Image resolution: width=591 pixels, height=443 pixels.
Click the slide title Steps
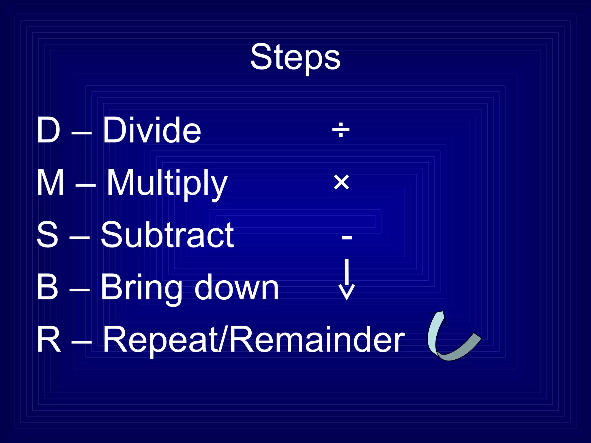(x=295, y=57)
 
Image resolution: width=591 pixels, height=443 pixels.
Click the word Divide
(x=152, y=130)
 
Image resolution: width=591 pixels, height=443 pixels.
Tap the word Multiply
(x=167, y=183)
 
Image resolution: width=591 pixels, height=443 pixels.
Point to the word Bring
(x=141, y=288)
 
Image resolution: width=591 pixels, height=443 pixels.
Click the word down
(x=237, y=288)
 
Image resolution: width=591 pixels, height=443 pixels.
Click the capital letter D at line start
(x=48, y=130)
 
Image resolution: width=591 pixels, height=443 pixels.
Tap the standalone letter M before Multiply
(x=51, y=183)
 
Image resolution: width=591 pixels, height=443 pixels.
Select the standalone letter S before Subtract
(x=47, y=235)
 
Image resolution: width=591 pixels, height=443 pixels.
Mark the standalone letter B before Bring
(x=47, y=287)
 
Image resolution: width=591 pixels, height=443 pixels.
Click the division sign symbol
(x=341, y=130)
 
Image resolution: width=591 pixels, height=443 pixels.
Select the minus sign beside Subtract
(x=347, y=238)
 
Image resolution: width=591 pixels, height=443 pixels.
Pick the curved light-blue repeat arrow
(x=450, y=340)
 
